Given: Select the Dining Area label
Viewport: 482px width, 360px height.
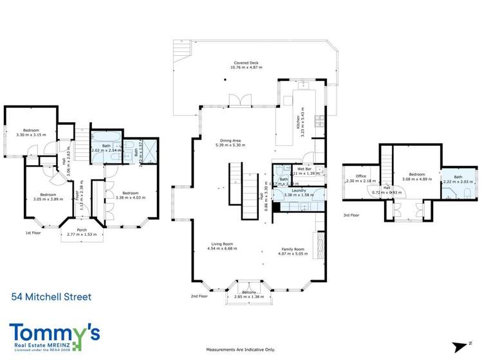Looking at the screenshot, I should (x=230, y=140).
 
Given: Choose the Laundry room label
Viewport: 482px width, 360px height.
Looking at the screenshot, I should (x=298, y=190).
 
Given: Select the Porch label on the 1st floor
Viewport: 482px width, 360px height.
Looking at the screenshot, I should (x=82, y=230).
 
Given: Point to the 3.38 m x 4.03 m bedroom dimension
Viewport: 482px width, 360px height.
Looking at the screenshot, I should (x=131, y=197).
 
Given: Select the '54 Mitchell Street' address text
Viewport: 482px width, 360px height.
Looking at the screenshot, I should (x=51, y=297).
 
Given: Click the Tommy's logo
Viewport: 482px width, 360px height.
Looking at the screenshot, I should (x=55, y=336).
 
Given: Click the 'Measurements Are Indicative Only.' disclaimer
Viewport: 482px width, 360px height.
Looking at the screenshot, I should (x=240, y=350).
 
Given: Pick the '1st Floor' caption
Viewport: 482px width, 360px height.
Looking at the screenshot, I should (x=34, y=233).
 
